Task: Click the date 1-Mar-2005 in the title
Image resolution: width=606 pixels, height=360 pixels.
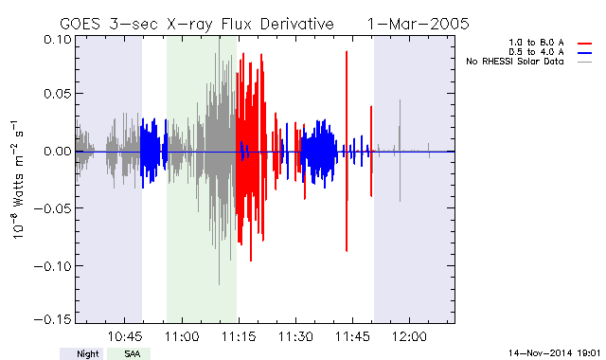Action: click(x=418, y=24)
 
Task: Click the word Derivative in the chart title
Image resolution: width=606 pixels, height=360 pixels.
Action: click(x=296, y=24)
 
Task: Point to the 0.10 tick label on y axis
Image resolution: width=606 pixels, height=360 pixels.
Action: click(x=58, y=40)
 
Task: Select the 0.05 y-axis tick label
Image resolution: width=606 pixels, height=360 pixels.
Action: click(x=58, y=94)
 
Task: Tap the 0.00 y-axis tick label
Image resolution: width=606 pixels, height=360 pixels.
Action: click(x=58, y=151)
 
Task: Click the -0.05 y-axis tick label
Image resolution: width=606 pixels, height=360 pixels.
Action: click(x=53, y=208)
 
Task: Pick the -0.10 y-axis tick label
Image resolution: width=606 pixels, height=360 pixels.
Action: click(x=53, y=266)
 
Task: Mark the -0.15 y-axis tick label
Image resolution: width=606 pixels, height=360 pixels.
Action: click(x=53, y=319)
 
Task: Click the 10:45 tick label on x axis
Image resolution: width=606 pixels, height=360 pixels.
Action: click(x=124, y=336)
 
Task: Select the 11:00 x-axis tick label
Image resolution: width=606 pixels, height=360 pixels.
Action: click(x=182, y=336)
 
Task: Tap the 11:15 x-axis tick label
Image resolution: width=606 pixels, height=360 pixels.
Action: click(x=239, y=336)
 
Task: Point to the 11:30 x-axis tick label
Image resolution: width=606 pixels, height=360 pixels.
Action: click(x=295, y=336)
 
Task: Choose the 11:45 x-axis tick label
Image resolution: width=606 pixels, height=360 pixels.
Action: click(x=352, y=336)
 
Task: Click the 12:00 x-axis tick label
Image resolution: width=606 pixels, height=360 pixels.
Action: click(x=410, y=336)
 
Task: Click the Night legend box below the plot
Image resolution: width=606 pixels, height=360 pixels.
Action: click(x=81, y=353)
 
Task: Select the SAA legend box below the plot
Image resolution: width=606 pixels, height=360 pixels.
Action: click(x=129, y=353)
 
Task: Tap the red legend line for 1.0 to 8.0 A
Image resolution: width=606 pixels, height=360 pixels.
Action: click(x=585, y=44)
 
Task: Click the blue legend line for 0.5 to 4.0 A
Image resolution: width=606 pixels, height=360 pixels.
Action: click(x=585, y=53)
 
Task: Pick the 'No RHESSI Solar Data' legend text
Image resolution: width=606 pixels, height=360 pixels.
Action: click(x=515, y=62)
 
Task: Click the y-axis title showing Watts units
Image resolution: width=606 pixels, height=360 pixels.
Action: click(x=17, y=180)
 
